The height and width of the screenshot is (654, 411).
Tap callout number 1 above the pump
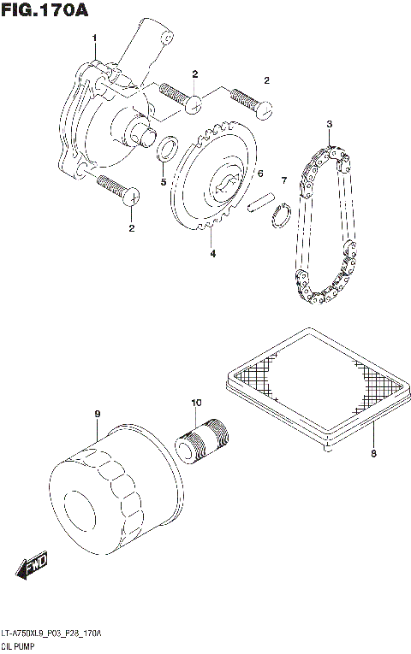click(94, 38)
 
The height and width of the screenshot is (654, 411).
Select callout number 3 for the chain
click(329, 124)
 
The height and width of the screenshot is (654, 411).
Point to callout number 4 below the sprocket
click(213, 253)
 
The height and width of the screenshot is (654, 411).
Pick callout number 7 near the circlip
click(283, 180)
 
